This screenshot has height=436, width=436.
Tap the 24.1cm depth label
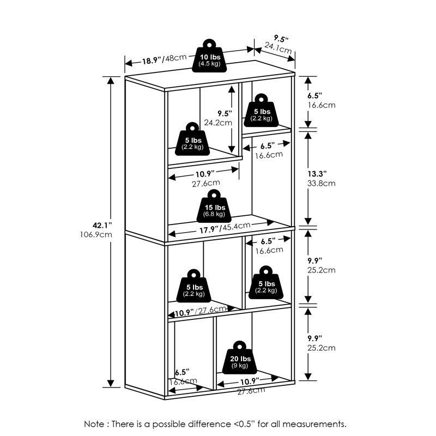coord(279,49)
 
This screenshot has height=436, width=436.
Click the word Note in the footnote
coord(96,423)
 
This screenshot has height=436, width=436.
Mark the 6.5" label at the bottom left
coord(182,373)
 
